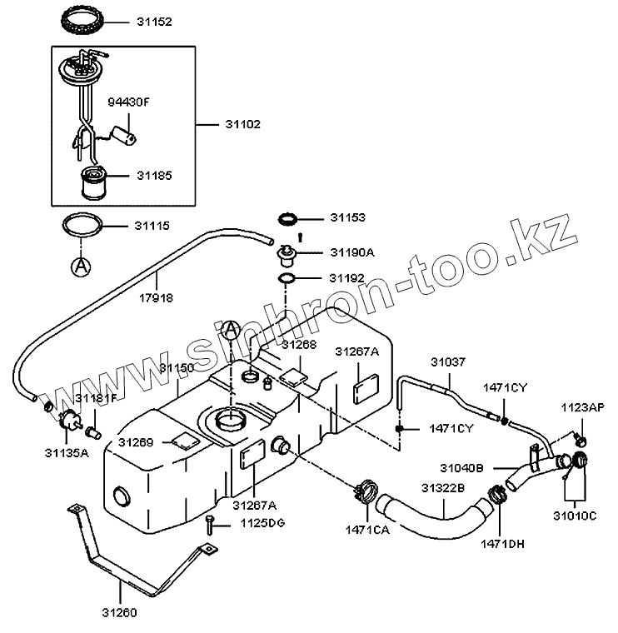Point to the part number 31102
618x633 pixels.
242,124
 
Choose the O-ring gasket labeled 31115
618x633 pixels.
83,226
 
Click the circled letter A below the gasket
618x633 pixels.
81,266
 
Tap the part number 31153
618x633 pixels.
348,217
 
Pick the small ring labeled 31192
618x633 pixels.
285,278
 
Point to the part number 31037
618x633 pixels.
448,361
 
